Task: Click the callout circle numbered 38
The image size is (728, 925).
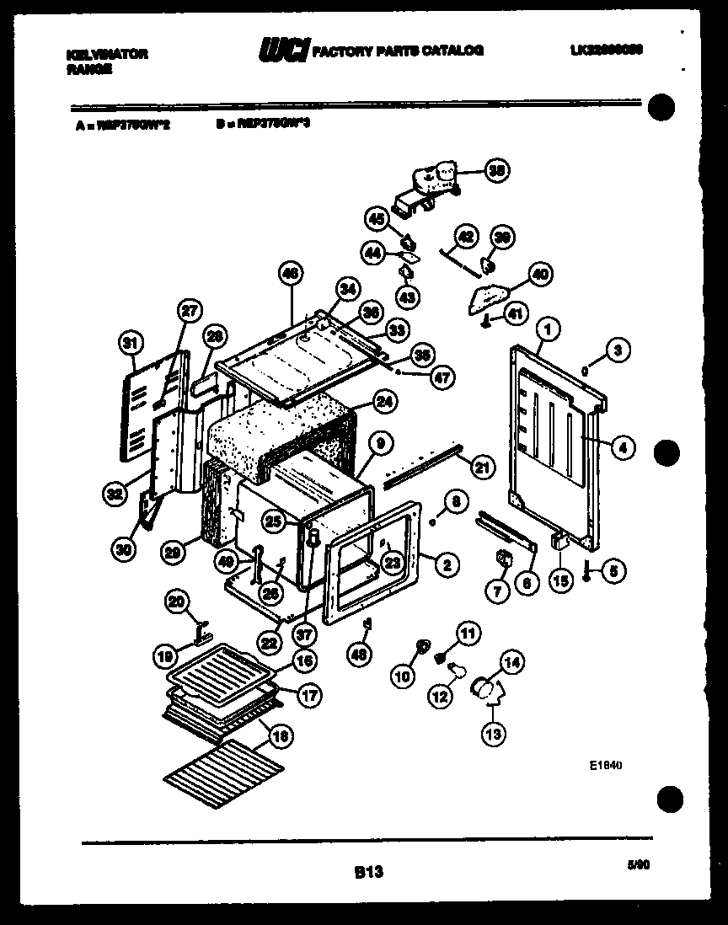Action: click(x=498, y=170)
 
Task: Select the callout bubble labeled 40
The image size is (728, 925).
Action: click(x=539, y=275)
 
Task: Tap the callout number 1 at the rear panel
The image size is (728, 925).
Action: click(x=548, y=327)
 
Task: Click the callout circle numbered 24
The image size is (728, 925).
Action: click(x=383, y=403)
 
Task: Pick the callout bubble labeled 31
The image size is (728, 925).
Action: click(x=129, y=343)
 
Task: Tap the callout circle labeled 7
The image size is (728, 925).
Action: click(x=496, y=592)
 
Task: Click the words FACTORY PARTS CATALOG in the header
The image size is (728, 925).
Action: click(x=398, y=51)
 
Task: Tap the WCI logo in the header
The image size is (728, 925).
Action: click(x=285, y=51)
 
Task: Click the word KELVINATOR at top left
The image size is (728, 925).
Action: click(x=106, y=53)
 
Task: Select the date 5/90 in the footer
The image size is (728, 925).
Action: click(x=640, y=864)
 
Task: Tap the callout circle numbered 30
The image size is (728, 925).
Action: click(x=123, y=550)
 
